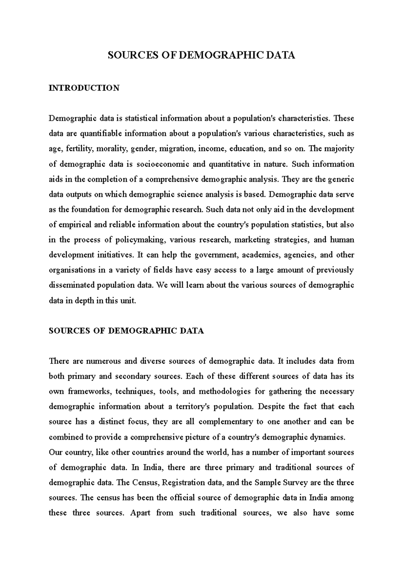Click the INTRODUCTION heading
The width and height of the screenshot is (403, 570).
pos(84,88)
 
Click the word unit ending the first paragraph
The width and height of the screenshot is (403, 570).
pos(129,300)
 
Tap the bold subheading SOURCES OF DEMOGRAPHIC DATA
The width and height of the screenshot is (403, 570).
pos(126,331)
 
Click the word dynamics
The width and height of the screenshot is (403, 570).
pos(329,437)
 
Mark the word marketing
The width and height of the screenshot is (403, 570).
pos(252,240)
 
